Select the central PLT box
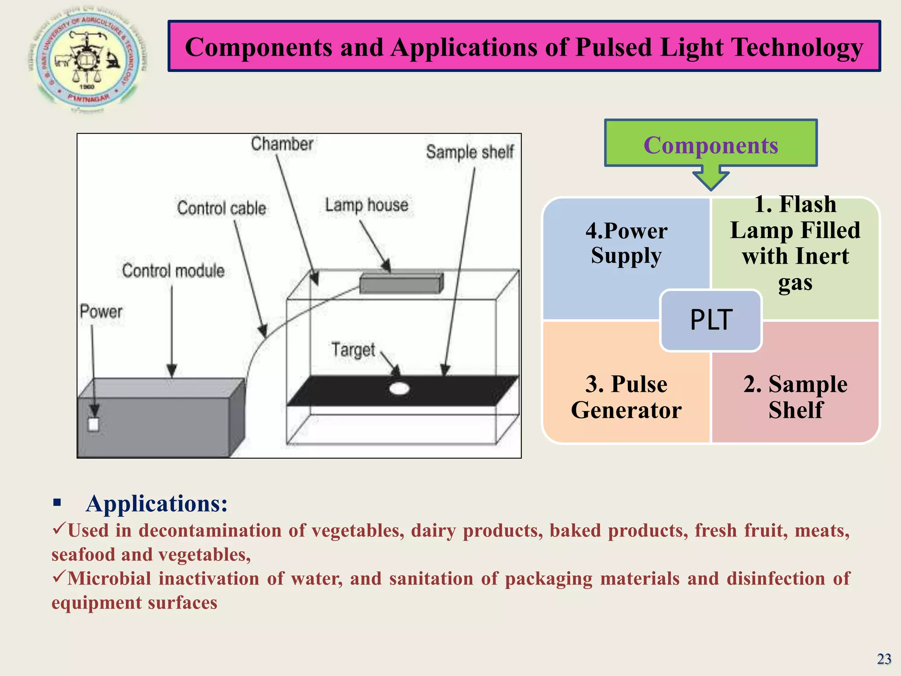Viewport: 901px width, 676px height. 711,320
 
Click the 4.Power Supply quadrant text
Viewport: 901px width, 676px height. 626,243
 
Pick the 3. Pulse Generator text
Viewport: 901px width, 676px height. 626,397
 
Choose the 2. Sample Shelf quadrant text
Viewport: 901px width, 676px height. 795,397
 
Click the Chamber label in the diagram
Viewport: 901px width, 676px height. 282,144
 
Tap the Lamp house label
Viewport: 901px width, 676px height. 366,205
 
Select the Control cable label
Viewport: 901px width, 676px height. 221,208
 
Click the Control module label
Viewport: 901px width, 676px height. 173,271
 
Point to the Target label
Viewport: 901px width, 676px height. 353,350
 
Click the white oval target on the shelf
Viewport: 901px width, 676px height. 399,389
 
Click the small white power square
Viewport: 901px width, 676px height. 94,424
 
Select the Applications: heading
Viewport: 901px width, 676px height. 157,503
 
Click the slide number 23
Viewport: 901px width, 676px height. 884,659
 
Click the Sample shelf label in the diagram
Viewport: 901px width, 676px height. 469,152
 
